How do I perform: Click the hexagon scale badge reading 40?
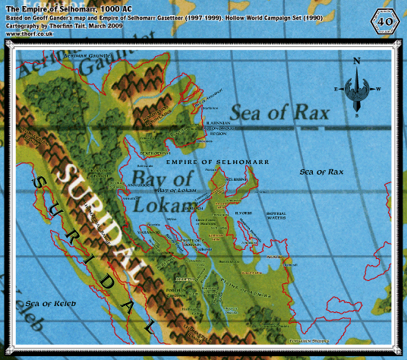pyautogui.click(x=386, y=20)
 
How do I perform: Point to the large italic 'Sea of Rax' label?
pyautogui.click(x=281, y=115)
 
